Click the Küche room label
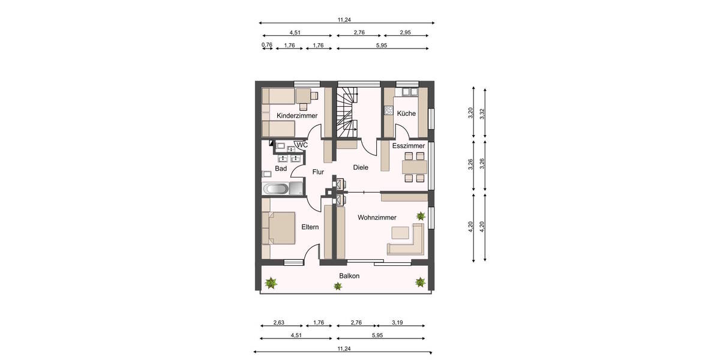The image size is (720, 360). (x=406, y=113)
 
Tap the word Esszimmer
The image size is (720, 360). (x=409, y=146)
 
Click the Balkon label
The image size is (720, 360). (x=349, y=276)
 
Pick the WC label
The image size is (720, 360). (x=302, y=145)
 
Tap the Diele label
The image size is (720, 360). (x=360, y=167)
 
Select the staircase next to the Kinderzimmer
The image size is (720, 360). (x=347, y=113)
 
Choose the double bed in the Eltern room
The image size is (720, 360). (x=279, y=228)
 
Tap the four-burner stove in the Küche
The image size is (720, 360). (x=388, y=110)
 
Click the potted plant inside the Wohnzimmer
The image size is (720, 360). (x=421, y=215)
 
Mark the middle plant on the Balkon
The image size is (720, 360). (x=340, y=286)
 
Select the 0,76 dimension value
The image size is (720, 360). (x=267, y=45)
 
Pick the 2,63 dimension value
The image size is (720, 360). (x=278, y=323)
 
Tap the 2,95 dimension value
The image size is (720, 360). (x=405, y=32)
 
